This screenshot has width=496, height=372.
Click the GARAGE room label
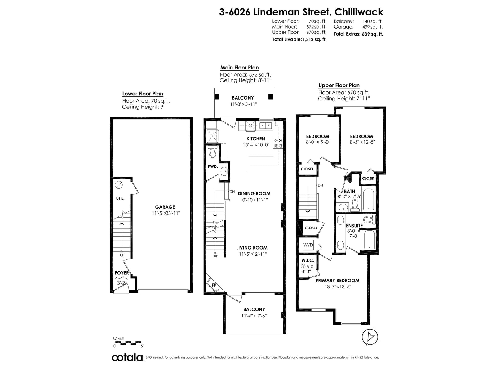(x=165, y=207)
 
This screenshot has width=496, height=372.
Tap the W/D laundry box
(x=308, y=245)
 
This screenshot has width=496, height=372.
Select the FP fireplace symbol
(x=214, y=285)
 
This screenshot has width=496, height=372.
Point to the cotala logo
(x=128, y=357)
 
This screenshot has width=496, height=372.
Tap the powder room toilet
(x=212, y=151)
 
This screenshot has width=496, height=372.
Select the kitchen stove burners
(x=278, y=143)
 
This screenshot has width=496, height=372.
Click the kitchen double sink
(x=265, y=125)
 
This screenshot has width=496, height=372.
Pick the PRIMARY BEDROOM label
(x=337, y=281)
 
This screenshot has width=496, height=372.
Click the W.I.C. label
(x=308, y=260)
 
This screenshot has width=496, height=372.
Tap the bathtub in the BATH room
(x=368, y=199)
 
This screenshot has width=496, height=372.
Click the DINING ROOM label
(x=254, y=193)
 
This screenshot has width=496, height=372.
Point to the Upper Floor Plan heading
(x=339, y=85)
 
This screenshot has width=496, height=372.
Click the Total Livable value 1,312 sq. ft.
(x=315, y=40)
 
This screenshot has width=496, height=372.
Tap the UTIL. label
(x=120, y=198)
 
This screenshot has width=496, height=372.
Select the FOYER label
(x=122, y=273)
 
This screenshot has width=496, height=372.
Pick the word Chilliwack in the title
(x=359, y=12)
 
